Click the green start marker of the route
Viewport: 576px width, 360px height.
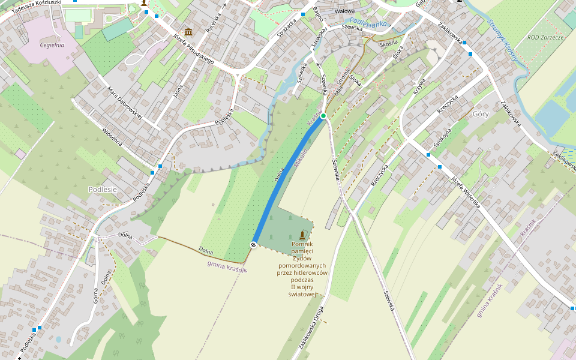pos(323,115)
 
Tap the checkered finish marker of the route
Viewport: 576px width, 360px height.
pos(254,244)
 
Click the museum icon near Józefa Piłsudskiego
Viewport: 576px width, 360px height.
pos(188,32)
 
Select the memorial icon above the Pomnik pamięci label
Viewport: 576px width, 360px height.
pos(302,235)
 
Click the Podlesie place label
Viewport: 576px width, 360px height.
pos(102,189)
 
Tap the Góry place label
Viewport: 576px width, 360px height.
pos(481,113)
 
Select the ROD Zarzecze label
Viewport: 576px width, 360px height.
pos(545,37)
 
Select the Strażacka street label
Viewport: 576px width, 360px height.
pos(287,30)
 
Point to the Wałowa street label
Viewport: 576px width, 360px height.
pos(344,11)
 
